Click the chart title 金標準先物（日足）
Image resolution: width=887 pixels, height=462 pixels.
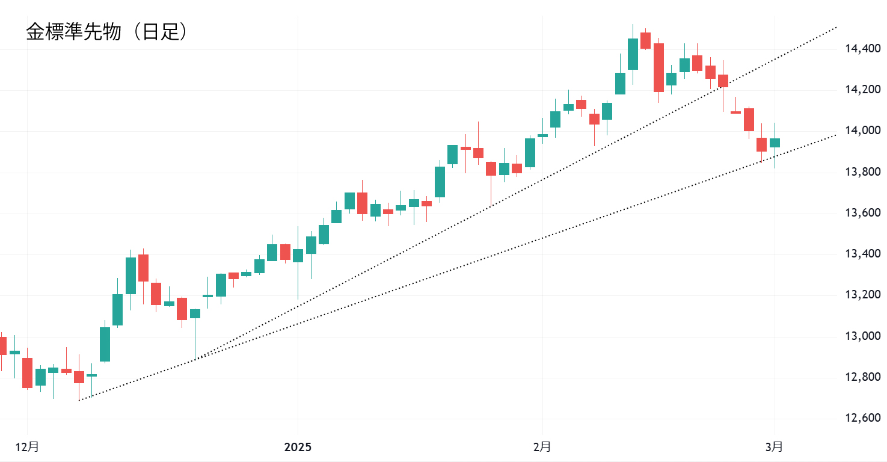(x=106, y=32)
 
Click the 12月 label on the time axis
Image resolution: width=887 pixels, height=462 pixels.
(x=27, y=447)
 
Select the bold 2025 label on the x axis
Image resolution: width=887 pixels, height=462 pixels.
(x=298, y=447)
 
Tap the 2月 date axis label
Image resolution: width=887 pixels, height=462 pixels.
(x=542, y=447)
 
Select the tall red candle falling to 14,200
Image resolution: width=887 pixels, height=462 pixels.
(x=658, y=67)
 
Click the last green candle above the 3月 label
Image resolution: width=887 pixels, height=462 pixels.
(x=775, y=143)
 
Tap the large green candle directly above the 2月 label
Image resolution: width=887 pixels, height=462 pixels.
(x=530, y=153)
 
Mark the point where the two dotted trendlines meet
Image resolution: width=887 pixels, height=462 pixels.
(x=195, y=360)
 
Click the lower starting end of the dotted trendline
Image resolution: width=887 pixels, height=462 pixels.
(x=79, y=400)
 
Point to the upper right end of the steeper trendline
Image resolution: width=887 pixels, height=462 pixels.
(x=837, y=27)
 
